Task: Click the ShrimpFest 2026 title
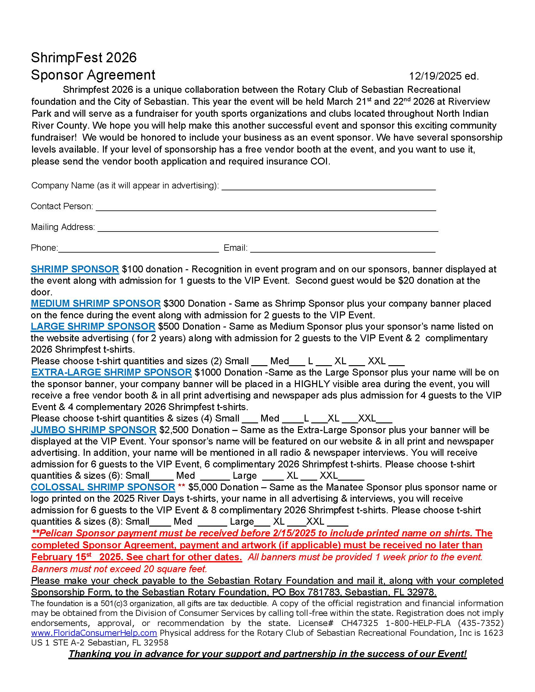84,58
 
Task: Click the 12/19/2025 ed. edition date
444,76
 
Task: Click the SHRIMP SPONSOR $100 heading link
75,269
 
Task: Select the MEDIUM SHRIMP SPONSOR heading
96,304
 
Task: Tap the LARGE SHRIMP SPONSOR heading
93,327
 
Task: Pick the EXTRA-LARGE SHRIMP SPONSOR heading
112,372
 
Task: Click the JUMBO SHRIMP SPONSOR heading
93,430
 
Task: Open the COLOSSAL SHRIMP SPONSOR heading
103,487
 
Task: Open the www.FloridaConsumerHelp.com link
94,633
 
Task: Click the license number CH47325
359,623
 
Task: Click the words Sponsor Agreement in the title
93,75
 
